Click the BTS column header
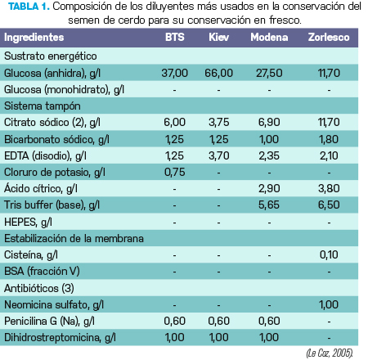point(175,38)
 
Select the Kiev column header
point(218,38)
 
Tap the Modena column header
point(269,38)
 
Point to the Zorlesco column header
point(329,38)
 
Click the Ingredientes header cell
point(34,38)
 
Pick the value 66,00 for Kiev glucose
point(218,73)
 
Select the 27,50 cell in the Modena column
point(269,73)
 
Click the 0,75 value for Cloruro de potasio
point(175,173)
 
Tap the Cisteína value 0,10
point(329,254)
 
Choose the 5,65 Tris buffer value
point(269,205)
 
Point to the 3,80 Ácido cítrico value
point(329,189)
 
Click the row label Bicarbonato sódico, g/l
point(56,140)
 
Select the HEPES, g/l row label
point(28,223)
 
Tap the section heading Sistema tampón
point(43,106)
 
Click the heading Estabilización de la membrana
point(74,239)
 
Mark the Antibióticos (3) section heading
point(39,288)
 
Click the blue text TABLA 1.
point(29,7)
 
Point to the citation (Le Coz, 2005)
point(330,353)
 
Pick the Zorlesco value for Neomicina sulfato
point(329,304)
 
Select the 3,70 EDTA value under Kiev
point(218,156)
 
